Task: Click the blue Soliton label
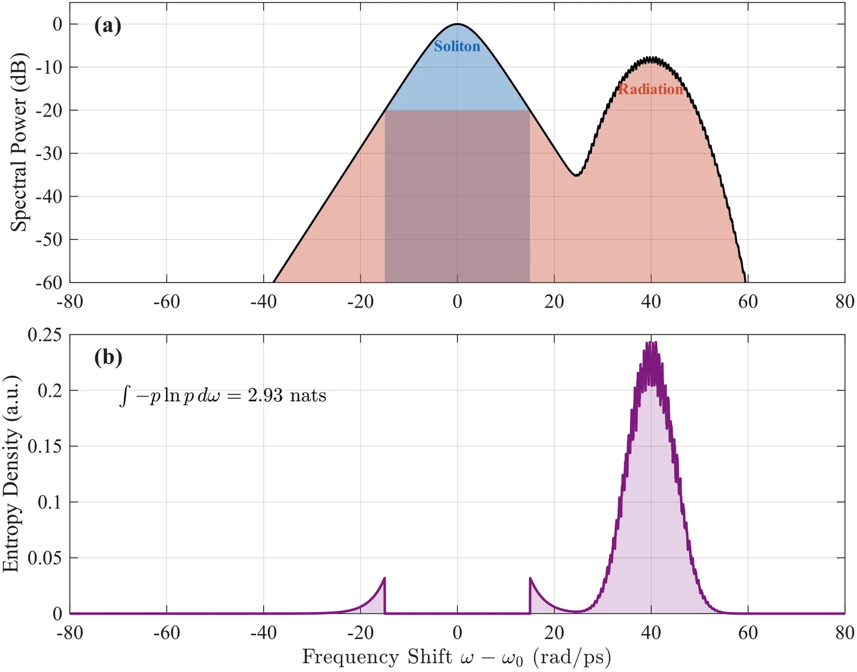click(x=457, y=47)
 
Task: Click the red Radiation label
click(x=650, y=89)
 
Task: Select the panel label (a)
click(x=108, y=25)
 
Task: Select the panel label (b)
click(x=108, y=357)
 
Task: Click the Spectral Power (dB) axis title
click(x=19, y=143)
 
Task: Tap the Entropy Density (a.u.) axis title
click(x=11, y=474)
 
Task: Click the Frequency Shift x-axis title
click(x=456, y=657)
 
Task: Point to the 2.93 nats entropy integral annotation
click(x=223, y=396)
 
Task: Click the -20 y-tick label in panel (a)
click(x=49, y=110)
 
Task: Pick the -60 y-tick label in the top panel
click(x=49, y=283)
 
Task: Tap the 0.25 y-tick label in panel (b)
click(x=44, y=335)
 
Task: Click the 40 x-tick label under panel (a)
click(x=651, y=302)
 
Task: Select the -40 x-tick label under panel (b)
click(x=264, y=633)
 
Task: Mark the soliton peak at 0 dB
click(x=457, y=24)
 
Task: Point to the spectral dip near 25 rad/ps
click(x=576, y=175)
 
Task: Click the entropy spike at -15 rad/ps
click(x=384, y=578)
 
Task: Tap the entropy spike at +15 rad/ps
click(x=530, y=578)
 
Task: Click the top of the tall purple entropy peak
click(x=651, y=343)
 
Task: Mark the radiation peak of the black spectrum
click(x=651, y=57)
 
